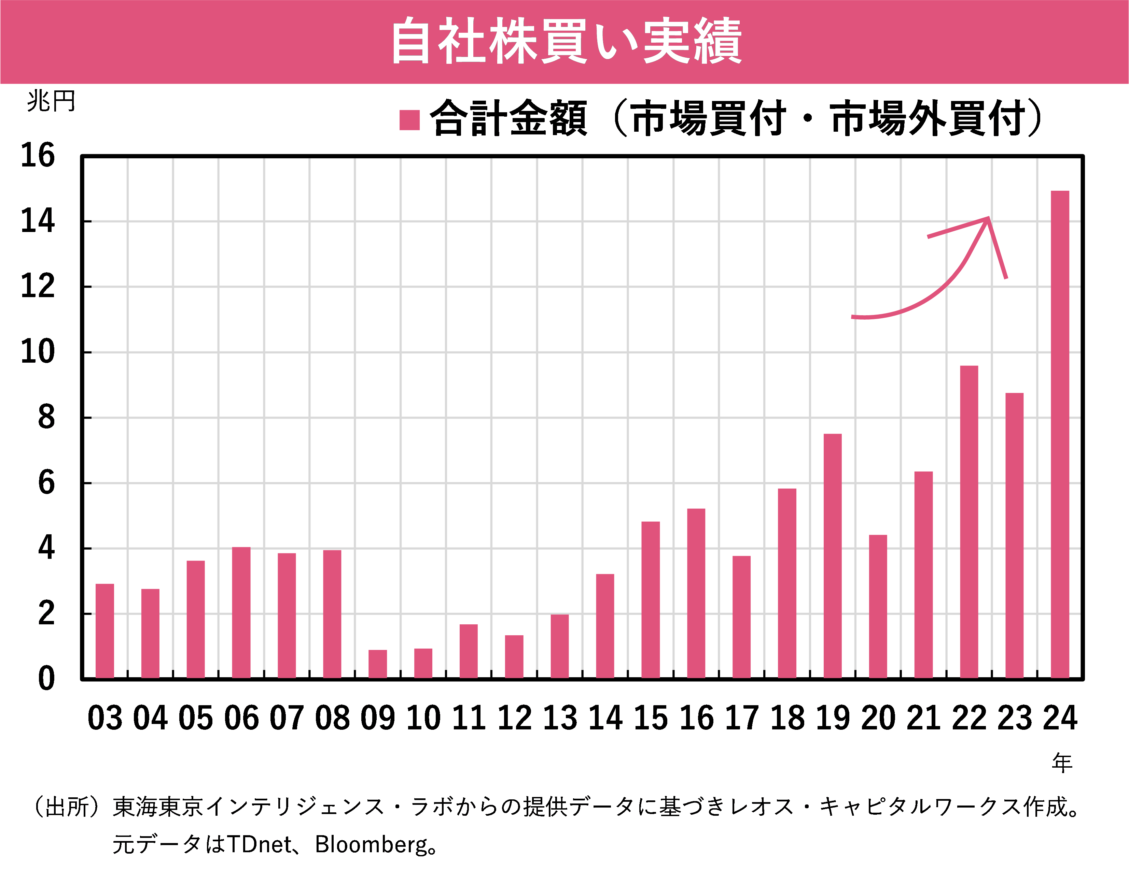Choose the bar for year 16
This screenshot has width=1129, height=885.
click(696, 593)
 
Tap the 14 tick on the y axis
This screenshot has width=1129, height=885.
click(37, 221)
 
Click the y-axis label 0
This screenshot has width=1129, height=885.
click(46, 679)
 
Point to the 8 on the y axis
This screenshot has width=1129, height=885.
click(46, 418)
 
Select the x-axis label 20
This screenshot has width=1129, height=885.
click(878, 719)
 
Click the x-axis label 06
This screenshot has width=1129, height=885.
click(241, 719)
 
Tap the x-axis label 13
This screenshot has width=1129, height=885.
click(560, 719)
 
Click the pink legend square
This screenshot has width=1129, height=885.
click(409, 120)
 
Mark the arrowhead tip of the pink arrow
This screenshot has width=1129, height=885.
click(988, 218)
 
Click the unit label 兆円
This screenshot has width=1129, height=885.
click(51, 101)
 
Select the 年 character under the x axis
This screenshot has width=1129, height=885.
click(1062, 763)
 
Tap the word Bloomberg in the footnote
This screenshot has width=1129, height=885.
click(371, 845)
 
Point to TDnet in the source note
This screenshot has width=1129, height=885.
click(259, 845)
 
